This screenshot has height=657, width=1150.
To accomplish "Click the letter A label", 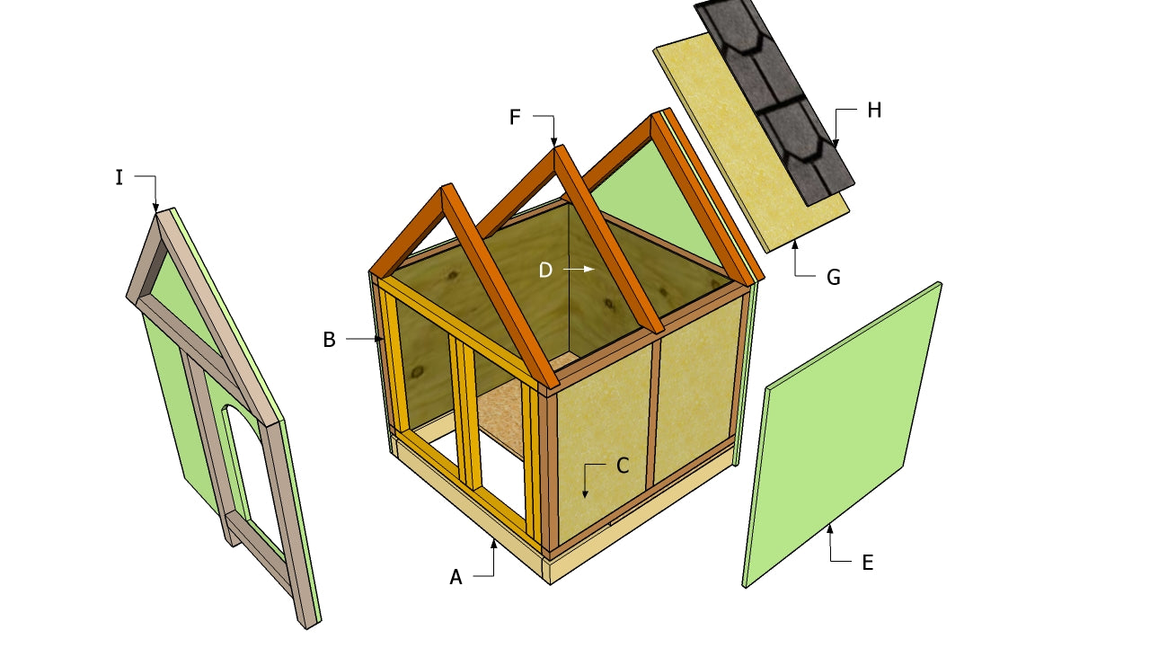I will point(456,578).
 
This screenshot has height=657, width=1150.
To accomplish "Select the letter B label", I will point(329,340).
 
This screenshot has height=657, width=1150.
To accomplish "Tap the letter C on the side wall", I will point(622,466).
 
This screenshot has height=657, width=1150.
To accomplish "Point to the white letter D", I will point(545,270).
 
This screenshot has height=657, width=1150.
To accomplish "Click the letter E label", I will point(867,563).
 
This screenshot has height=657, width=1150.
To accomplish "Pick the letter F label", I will point(515,117).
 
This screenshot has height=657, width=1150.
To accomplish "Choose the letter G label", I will point(834,278).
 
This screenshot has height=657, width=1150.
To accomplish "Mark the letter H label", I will point(874,111).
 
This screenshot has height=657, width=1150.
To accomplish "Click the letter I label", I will point(119,178).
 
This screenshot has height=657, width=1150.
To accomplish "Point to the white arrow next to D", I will point(579,269).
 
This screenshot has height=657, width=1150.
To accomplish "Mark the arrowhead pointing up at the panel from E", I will point(829,528).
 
